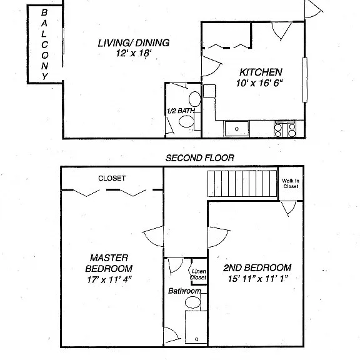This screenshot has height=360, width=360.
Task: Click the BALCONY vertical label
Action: click(x=44, y=44)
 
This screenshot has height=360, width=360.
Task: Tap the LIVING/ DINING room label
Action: click(x=134, y=43)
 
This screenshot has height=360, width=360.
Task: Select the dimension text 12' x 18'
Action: click(x=134, y=53)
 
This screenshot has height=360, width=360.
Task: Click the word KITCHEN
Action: click(x=261, y=72)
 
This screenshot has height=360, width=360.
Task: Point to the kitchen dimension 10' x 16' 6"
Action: click(x=259, y=83)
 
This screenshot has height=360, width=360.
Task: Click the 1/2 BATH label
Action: click(x=181, y=111)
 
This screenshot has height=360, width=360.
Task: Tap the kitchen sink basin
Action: click(x=237, y=129)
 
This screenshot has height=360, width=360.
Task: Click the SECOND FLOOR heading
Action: click(x=200, y=158)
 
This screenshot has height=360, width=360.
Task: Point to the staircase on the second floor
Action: click(x=242, y=184)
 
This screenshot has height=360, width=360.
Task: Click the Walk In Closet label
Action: click(x=291, y=184)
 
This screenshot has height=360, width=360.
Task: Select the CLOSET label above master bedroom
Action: click(x=112, y=178)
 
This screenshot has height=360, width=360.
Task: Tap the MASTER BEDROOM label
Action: click(x=109, y=263)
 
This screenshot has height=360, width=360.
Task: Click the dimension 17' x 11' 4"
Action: click(x=109, y=279)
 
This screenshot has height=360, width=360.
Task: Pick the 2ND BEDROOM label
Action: click(x=257, y=267)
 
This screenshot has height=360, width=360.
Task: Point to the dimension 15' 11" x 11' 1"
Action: click(x=258, y=279)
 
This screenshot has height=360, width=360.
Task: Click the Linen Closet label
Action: click(x=199, y=274)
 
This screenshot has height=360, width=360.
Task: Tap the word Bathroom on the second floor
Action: click(x=184, y=291)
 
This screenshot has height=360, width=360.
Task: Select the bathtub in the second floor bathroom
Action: click(x=196, y=327)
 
